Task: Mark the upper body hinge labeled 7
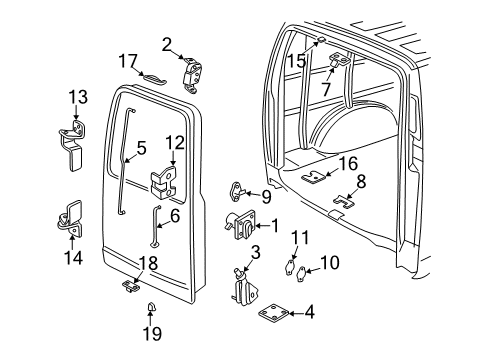[335, 63]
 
